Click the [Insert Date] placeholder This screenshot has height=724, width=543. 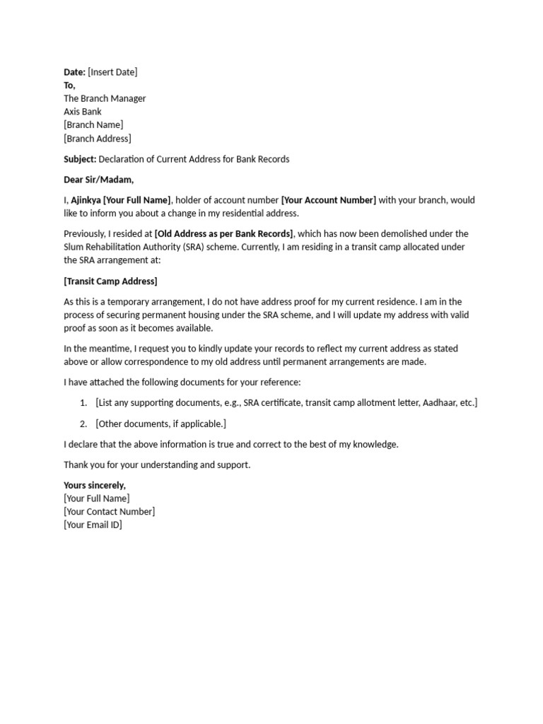click(112, 72)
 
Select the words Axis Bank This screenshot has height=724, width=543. click(83, 112)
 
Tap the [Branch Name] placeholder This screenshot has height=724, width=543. click(93, 125)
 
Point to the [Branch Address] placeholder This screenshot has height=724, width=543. click(98, 139)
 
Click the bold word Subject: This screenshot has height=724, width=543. click(80, 159)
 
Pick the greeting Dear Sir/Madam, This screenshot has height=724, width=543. click(98, 180)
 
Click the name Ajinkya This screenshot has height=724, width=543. click(86, 200)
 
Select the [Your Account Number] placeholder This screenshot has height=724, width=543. click(329, 200)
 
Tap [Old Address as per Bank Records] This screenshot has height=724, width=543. click(223, 234)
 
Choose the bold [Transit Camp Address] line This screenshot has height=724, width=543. click(110, 281)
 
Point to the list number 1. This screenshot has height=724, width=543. click(83, 403)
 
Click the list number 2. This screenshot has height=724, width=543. click(83, 424)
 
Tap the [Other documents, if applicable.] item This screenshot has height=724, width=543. click(160, 424)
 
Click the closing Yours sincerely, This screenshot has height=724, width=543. click(95, 485)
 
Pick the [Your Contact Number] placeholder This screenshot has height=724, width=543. click(110, 512)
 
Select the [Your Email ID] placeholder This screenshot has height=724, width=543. click(93, 525)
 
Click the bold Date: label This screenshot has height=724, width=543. click(74, 72)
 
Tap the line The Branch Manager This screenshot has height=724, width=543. click(105, 98)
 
